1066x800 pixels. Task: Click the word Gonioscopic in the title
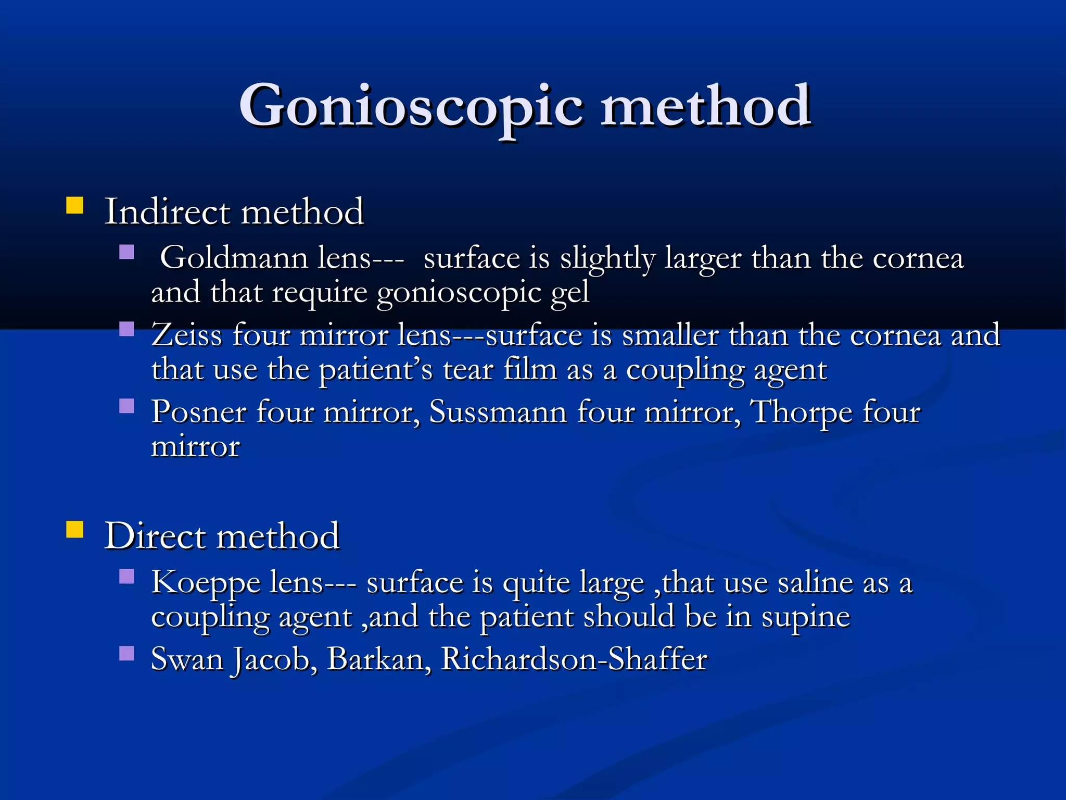[x=411, y=107]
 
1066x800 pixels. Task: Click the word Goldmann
[x=234, y=257]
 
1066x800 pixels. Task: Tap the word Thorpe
[x=802, y=413]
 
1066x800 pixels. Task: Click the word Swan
[x=186, y=659]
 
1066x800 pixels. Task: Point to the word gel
[x=570, y=293]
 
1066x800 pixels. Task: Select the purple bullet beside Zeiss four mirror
[x=126, y=329]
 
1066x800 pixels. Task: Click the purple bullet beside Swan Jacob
[x=126, y=653]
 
